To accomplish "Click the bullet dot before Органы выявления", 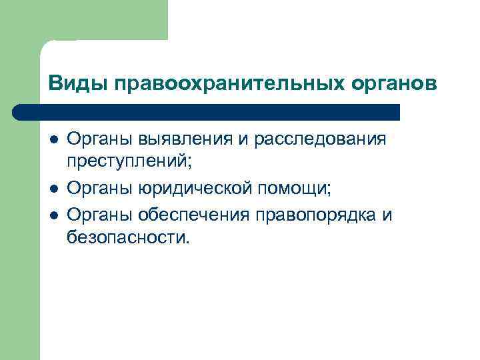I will (x=53, y=140).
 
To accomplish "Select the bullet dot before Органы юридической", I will (x=53, y=189).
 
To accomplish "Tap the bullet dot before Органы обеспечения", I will (x=53, y=215).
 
